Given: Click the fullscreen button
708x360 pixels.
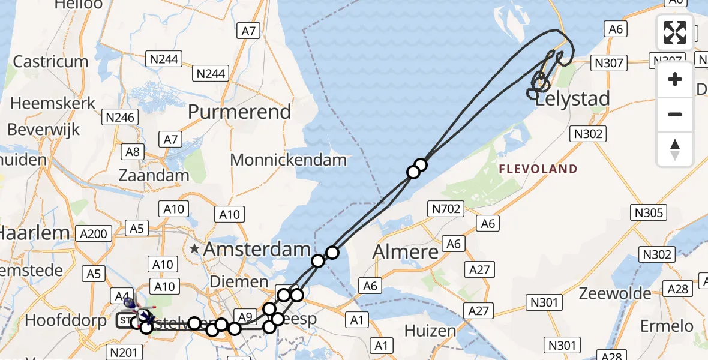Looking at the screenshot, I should click(675, 32).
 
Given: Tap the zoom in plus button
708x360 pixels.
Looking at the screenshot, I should click(675, 79).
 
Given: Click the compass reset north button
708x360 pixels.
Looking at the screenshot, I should click(675, 149).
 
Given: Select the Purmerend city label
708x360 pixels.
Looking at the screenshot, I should click(239, 112).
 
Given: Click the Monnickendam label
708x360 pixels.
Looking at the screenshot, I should click(289, 160).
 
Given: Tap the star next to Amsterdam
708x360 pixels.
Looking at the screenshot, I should click(194, 248).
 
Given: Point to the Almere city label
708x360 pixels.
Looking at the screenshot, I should click(406, 252).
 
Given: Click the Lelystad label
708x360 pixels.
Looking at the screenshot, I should click(572, 99).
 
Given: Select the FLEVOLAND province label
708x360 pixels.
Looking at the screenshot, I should click(539, 169).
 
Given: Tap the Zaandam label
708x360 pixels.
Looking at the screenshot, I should click(154, 176).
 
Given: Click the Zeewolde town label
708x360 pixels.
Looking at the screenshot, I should click(615, 293).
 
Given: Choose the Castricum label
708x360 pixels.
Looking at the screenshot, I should click(50, 62).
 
